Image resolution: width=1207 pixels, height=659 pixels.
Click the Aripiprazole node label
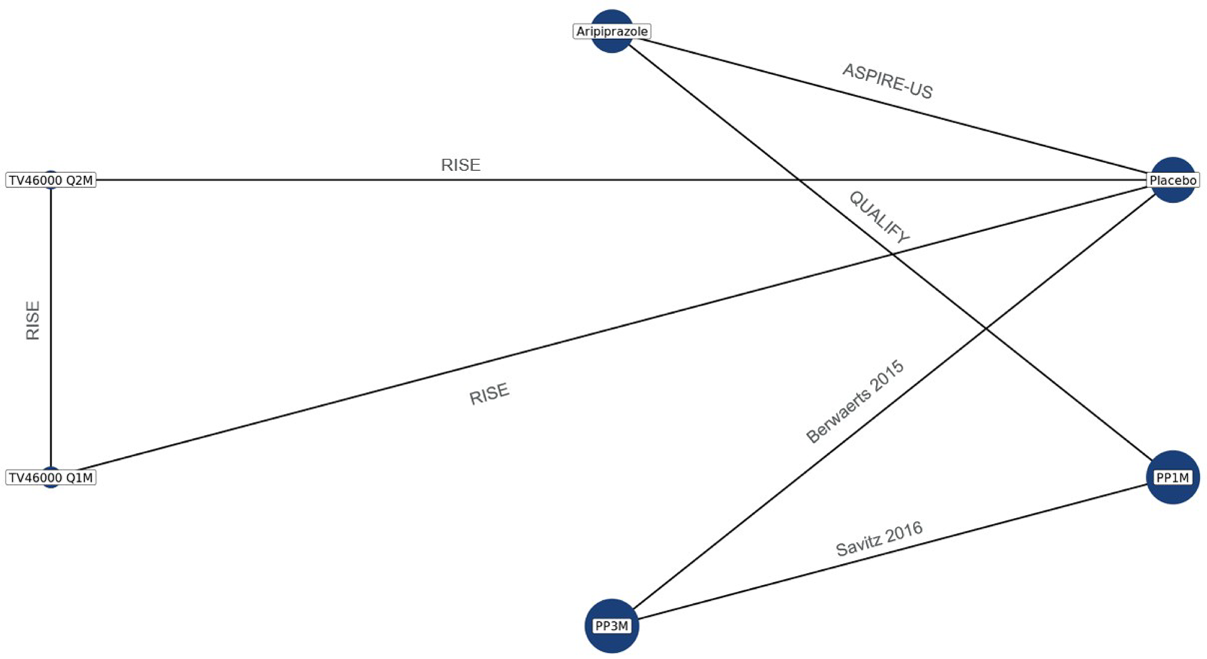pyautogui.click(x=612, y=32)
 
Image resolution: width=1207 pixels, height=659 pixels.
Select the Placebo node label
pyautogui.click(x=1173, y=180)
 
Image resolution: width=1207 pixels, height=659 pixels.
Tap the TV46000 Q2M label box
pyautogui.click(x=51, y=180)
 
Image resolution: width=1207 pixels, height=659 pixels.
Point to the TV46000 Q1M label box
pyautogui.click(x=51, y=478)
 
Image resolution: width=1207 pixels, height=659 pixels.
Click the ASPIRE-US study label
pyautogui.click(x=888, y=81)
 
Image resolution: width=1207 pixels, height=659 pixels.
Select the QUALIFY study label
pyautogui.click(x=879, y=217)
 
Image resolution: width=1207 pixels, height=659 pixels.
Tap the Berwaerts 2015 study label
pyautogui.click(x=855, y=402)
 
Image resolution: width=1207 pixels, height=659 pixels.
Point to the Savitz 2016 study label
pyautogui.click(x=879, y=539)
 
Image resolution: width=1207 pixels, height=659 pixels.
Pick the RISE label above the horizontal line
pyautogui.click(x=461, y=165)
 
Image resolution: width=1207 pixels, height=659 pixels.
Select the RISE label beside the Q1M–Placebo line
pyautogui.click(x=489, y=394)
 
